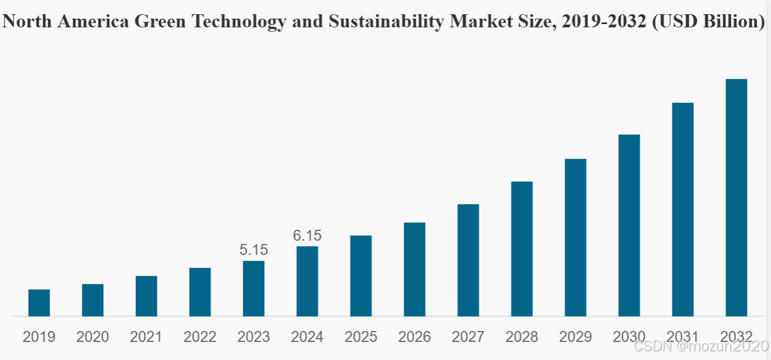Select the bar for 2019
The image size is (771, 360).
pyautogui.click(x=39, y=303)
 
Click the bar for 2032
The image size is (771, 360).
pyautogui.click(x=736, y=198)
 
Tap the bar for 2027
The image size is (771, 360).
pyautogui.click(x=468, y=260)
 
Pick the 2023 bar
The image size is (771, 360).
pyautogui.click(x=254, y=288)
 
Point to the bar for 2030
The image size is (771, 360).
pyautogui.click(x=629, y=225)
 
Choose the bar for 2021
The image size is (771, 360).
pyautogui.click(x=147, y=296)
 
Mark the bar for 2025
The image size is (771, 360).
pyautogui.click(x=361, y=276)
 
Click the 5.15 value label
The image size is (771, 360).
pyautogui.click(x=254, y=250)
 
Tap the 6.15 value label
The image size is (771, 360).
pyautogui.click(x=307, y=236)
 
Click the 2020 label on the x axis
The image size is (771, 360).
pyautogui.click(x=92, y=336)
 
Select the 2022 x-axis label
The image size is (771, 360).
pyautogui.click(x=200, y=336)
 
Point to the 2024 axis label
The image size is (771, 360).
pyautogui.click(x=307, y=336)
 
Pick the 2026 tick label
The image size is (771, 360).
pyautogui.click(x=414, y=336)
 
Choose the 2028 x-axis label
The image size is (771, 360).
pyautogui.click(x=522, y=336)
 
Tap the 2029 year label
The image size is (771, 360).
pyautogui.click(x=575, y=336)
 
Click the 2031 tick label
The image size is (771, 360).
pyautogui.click(x=682, y=336)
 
